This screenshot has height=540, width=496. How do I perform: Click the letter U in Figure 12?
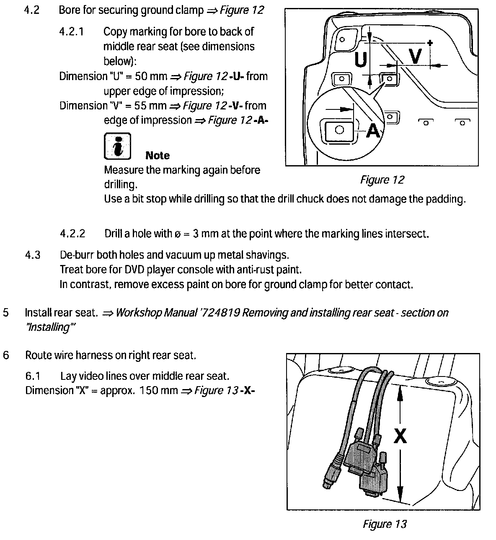(x=361, y=60)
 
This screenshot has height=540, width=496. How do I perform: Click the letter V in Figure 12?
(x=415, y=56)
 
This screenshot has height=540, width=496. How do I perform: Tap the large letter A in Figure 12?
(x=373, y=130)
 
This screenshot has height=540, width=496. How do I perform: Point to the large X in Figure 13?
(x=400, y=436)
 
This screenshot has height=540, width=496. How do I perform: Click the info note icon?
(x=117, y=145)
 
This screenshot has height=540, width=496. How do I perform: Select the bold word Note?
(x=158, y=156)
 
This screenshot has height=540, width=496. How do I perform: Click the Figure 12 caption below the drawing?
(x=382, y=180)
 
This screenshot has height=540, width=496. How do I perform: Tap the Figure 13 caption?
(x=385, y=524)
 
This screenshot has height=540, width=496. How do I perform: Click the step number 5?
(x=6, y=313)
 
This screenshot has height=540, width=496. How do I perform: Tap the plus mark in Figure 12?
(x=430, y=42)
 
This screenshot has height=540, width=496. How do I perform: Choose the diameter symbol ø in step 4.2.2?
(x=177, y=234)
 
